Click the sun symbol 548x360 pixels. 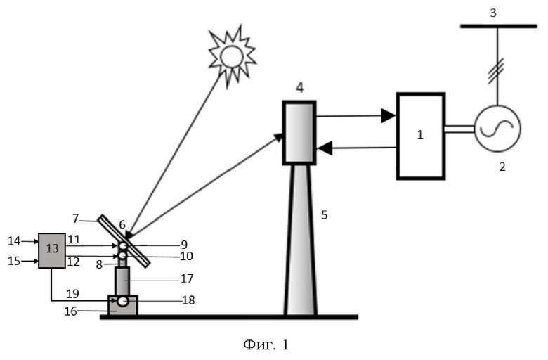coord(232,56)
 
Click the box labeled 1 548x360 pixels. coord(420,136)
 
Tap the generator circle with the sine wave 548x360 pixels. coord(497,129)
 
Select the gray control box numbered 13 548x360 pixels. coord(52,250)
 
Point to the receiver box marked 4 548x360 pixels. coord(299,133)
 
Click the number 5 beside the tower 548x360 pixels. coord(325,215)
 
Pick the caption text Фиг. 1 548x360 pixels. coord(266,345)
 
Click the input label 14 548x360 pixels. coord(14,240)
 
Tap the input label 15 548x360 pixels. coord(14,261)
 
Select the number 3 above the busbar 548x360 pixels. coord(493,13)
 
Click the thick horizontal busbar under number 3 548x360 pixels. coord(498,26)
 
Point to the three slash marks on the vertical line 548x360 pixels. coord(496,72)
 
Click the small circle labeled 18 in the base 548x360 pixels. coord(123,301)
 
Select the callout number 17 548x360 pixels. coord(187,278)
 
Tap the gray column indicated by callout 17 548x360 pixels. coord(122,281)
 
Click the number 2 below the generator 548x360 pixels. coord(502,167)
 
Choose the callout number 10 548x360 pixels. coord(187,256)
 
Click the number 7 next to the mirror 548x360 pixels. coord(75,219)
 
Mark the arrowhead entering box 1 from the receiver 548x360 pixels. coord(389,116)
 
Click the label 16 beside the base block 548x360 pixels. coord(70,311)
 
